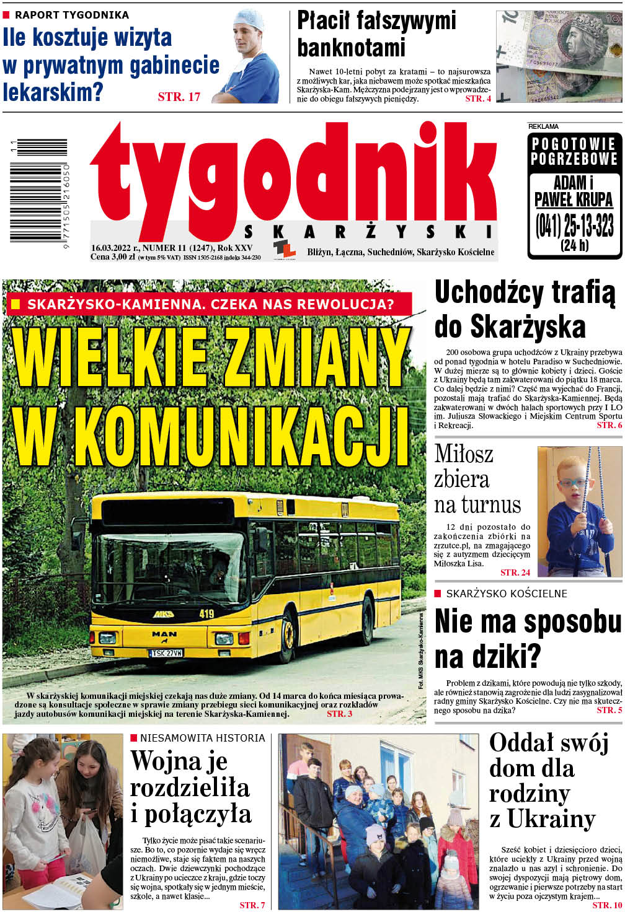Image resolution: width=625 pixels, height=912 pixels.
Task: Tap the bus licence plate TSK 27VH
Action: [166, 652]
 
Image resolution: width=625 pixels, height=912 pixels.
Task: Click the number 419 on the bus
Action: [206, 613]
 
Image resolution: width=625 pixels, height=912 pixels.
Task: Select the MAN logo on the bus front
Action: [164, 634]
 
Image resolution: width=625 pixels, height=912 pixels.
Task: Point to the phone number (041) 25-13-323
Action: [574, 226]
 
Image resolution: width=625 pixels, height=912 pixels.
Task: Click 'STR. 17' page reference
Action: [179, 97]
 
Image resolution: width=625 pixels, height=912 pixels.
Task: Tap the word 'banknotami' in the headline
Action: [351, 47]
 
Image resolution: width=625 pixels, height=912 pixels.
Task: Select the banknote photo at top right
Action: [559, 56]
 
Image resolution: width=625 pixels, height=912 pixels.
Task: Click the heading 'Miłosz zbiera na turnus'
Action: [476, 479]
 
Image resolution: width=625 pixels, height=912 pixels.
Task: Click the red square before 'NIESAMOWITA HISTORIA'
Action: [133, 738]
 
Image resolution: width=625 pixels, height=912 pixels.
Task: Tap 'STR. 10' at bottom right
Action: [606, 905]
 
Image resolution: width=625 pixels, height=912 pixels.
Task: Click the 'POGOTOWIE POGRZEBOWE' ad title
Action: [574, 151]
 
